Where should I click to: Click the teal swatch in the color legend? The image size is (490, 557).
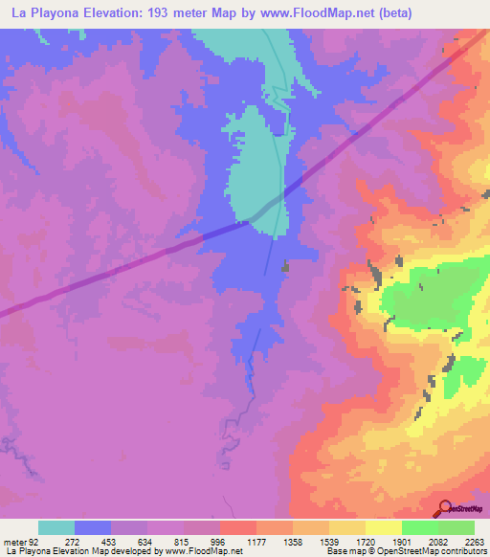tap(56, 527)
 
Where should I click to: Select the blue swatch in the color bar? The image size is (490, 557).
tap(93, 527)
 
